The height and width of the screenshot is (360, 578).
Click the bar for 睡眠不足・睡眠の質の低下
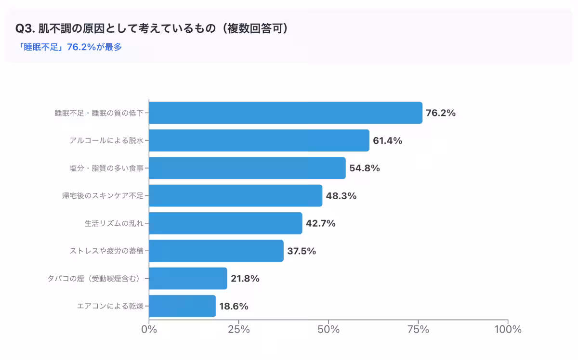(286, 113)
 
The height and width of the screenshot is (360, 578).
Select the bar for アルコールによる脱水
(259, 141)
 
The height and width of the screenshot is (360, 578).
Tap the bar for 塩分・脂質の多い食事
(247, 168)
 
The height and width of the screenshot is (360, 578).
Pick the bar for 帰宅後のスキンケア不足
(236, 196)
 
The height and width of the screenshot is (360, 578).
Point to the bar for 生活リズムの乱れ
(225, 223)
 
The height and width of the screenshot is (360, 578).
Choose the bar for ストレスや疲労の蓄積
(216, 251)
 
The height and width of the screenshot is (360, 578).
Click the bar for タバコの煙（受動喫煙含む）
(188, 279)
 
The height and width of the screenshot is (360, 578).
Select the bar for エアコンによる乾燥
(182, 306)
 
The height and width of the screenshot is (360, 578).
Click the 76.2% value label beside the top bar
(441, 113)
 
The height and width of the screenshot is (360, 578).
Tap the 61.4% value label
(387, 141)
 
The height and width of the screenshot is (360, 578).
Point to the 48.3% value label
(342, 196)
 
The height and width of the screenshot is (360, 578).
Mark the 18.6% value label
(234, 306)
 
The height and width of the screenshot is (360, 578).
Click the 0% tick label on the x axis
(149, 330)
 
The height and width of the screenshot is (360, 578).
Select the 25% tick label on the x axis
(238, 330)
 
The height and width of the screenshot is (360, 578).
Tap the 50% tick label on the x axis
(328, 330)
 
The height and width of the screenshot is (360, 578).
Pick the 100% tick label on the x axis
(508, 330)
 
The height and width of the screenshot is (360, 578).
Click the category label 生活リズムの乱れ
(114, 223)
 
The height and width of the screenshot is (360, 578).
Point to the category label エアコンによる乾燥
(110, 306)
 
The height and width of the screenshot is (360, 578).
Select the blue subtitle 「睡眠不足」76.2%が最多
(69, 47)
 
